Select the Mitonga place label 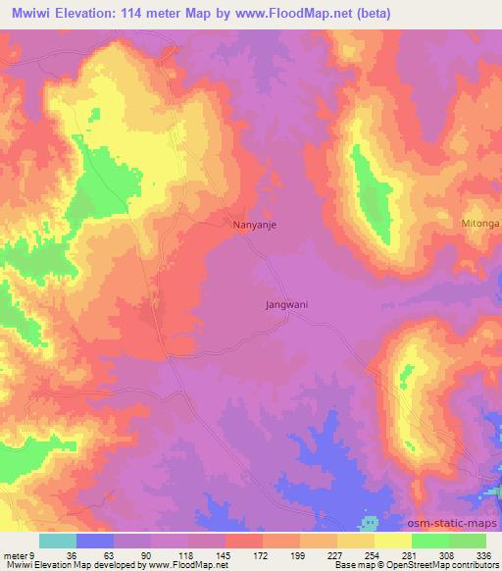tap(479, 224)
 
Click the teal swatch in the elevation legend tap(58, 541)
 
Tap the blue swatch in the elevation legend tap(95, 541)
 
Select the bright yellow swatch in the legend tap(393, 541)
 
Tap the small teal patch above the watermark tap(370, 518)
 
